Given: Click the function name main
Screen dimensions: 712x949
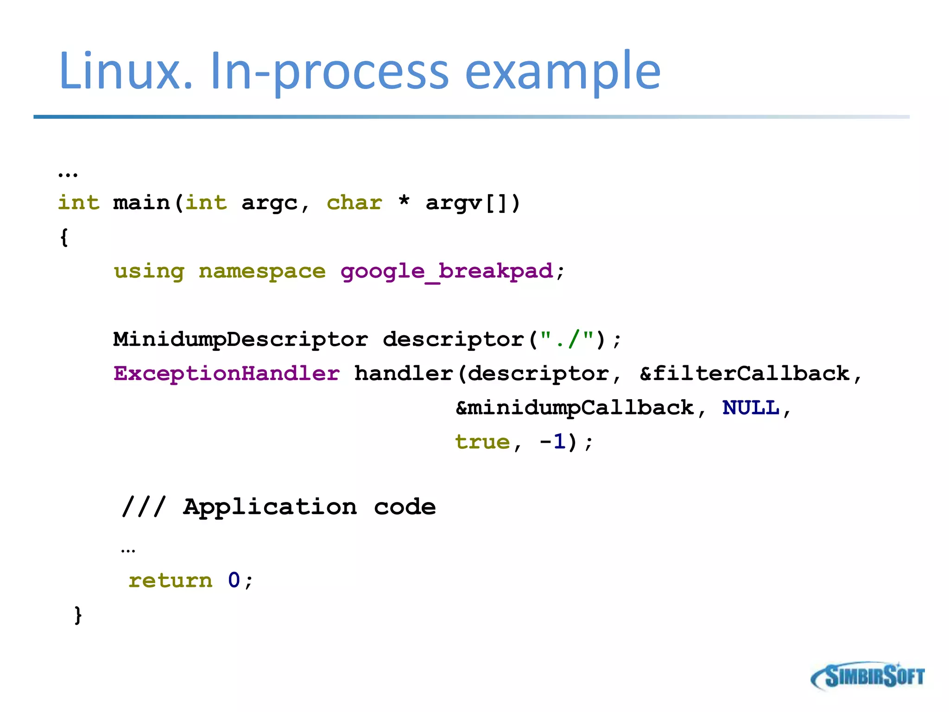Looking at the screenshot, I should point(141,203).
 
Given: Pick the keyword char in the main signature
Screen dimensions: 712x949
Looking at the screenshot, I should point(354,203).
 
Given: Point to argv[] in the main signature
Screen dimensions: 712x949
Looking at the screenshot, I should point(473,203).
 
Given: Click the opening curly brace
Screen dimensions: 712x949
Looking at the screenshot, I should point(64,237).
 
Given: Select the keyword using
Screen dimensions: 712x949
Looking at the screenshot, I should point(149,272).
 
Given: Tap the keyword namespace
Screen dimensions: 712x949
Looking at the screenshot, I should point(262,272).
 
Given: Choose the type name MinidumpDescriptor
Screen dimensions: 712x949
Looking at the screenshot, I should point(240,339).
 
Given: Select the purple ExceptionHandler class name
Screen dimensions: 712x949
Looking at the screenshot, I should point(227,374).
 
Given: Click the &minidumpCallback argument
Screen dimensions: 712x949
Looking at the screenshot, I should point(575,408).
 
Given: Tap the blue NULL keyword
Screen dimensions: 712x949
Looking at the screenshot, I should point(751,408).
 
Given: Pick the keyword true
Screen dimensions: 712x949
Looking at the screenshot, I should point(482,442).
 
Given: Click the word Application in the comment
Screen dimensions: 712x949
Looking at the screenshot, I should point(270,507).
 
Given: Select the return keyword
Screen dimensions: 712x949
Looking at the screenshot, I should point(170,580).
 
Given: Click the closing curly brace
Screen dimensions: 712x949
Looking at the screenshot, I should point(78,615).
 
